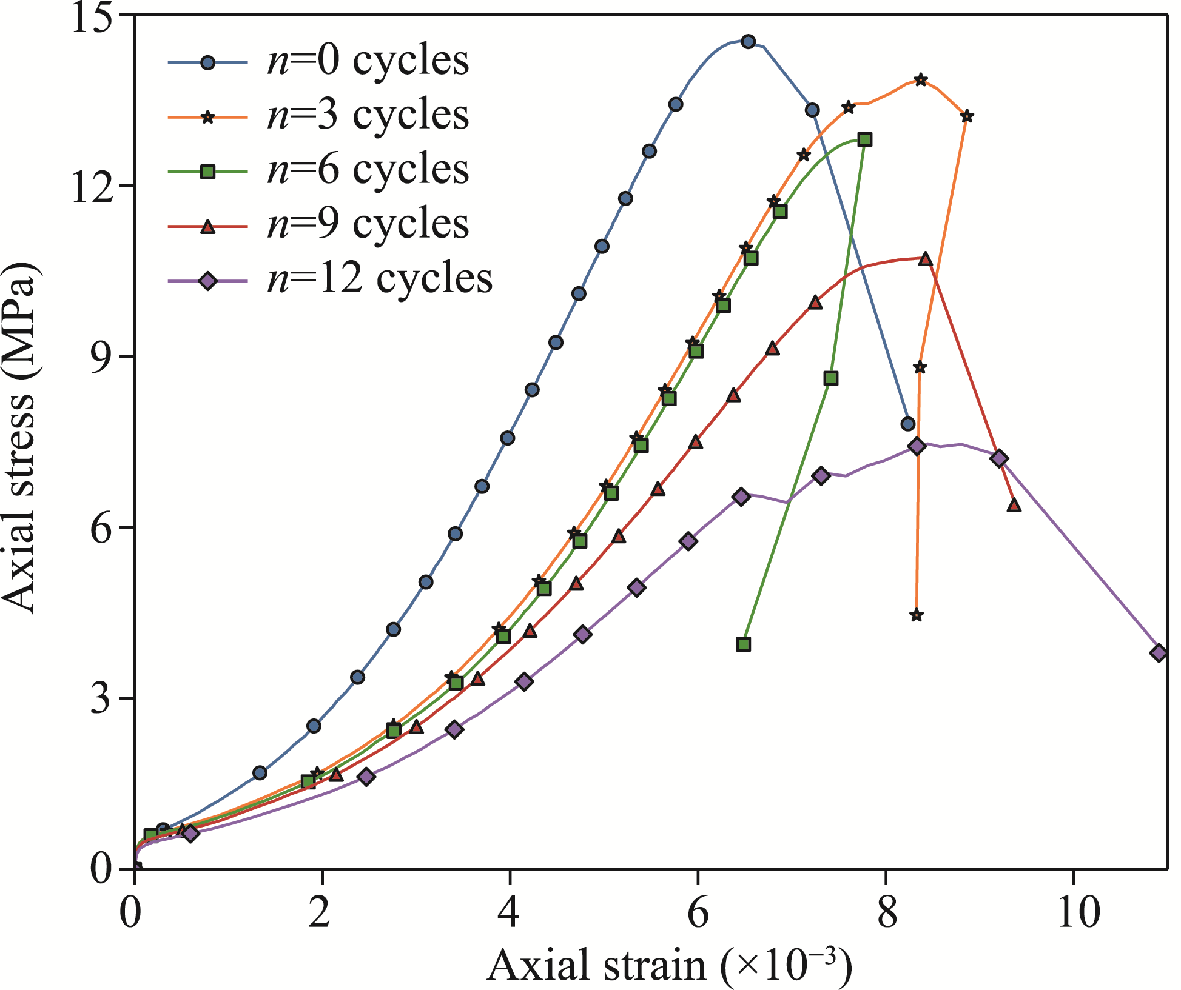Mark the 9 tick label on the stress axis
click(x=103, y=357)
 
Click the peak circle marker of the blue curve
click(x=749, y=42)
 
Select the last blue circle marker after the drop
click(x=908, y=424)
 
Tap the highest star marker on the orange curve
click(x=921, y=80)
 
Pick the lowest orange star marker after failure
click(x=917, y=615)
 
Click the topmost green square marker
click(x=865, y=140)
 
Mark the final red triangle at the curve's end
click(x=1014, y=506)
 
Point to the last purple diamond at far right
click(x=1159, y=653)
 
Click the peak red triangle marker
click(x=925, y=259)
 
